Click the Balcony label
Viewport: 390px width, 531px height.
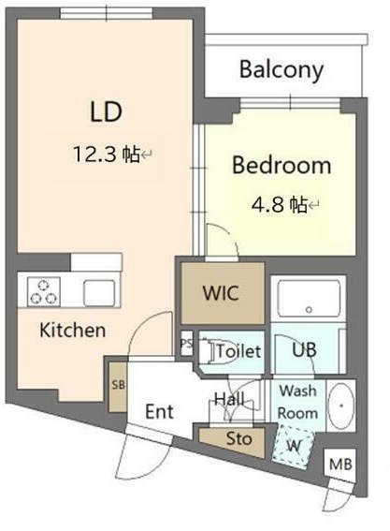pyautogui.click(x=282, y=70)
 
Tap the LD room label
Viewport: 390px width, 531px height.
pyautogui.click(x=106, y=111)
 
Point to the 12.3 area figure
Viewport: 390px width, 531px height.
pyautogui.click(x=95, y=155)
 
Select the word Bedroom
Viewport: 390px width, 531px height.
pyautogui.click(x=282, y=165)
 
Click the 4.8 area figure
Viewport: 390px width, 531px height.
pyautogui.click(x=267, y=204)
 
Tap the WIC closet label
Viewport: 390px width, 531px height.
pyautogui.click(x=221, y=292)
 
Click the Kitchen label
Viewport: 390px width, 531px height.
pyautogui.click(x=72, y=330)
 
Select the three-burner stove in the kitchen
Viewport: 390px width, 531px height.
pyautogui.click(x=44, y=291)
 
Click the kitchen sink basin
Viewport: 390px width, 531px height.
pyautogui.click(x=99, y=293)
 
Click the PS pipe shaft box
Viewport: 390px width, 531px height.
pyautogui.click(x=186, y=343)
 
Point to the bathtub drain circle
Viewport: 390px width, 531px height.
pyautogui.click(x=309, y=309)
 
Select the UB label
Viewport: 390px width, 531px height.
pyautogui.click(x=304, y=350)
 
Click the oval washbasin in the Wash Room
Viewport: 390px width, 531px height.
pyautogui.click(x=341, y=406)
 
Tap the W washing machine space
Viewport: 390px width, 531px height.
pyautogui.click(x=294, y=448)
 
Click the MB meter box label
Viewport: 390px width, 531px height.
pyautogui.click(x=340, y=464)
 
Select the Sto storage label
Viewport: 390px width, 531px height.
pyautogui.click(x=239, y=439)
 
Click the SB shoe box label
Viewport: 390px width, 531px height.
pyautogui.click(x=119, y=385)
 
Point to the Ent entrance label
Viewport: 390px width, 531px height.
pyautogui.click(x=159, y=411)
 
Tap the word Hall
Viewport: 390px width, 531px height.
pyautogui.click(x=229, y=399)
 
